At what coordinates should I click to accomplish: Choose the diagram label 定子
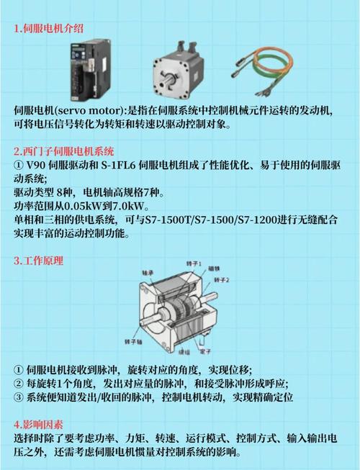[205, 352]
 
